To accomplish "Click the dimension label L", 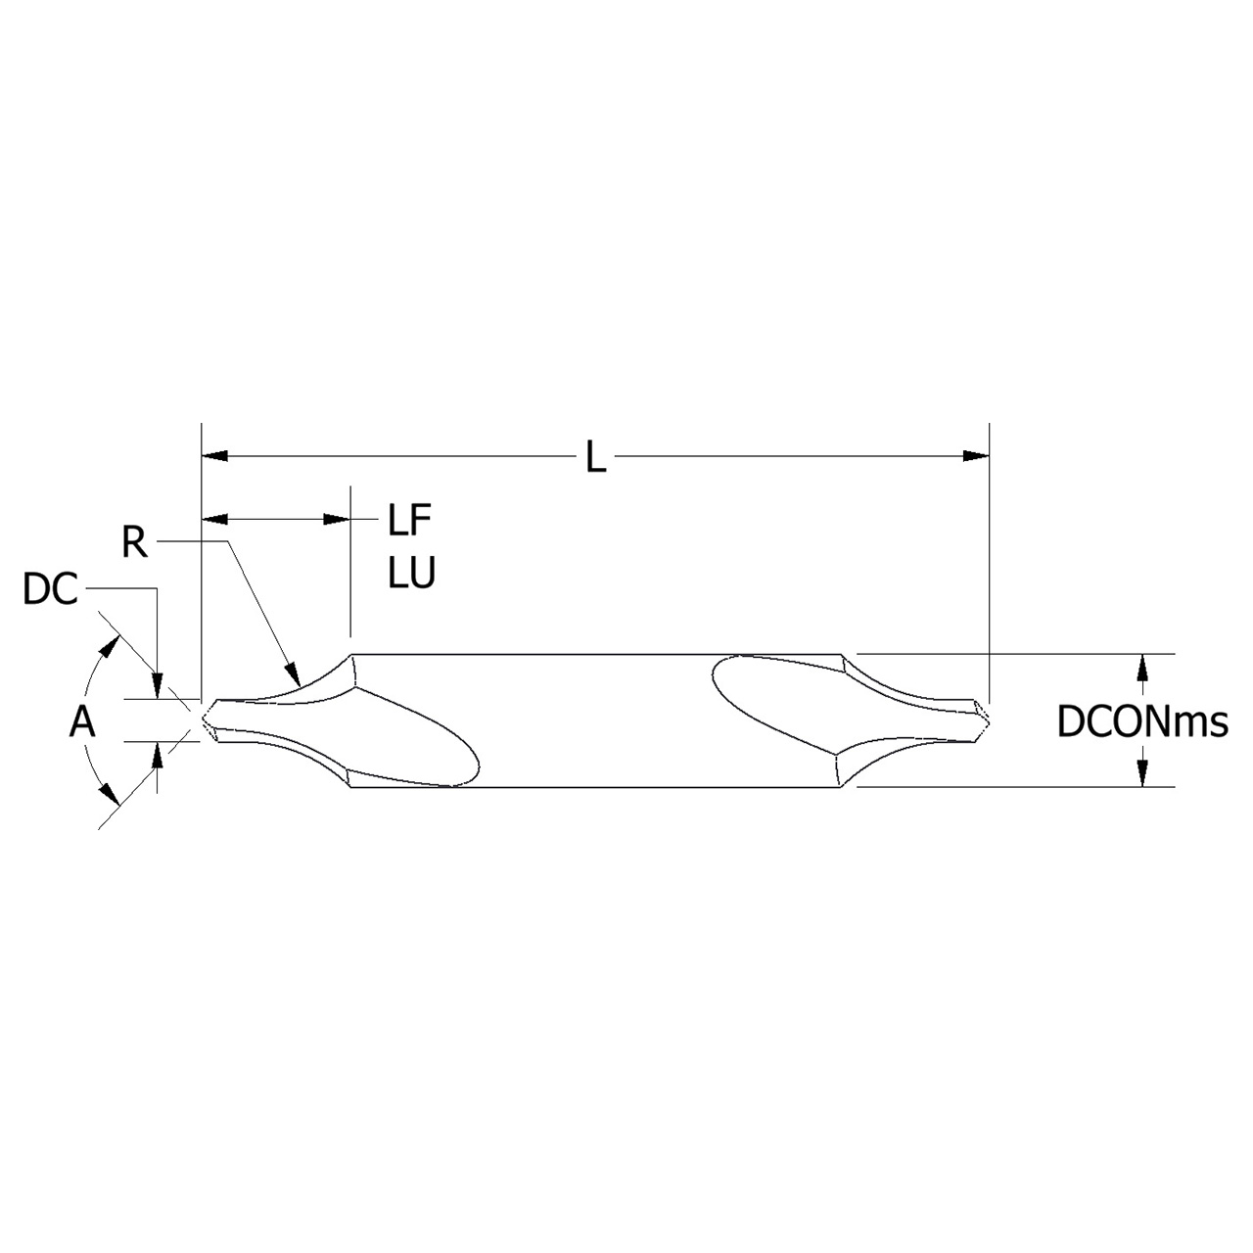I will pyautogui.click(x=595, y=457).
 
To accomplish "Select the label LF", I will pyautogui.click(x=409, y=521).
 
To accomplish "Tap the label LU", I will pyautogui.click(x=411, y=574).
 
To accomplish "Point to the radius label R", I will pyautogui.click(x=134, y=542).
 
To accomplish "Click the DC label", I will pyautogui.click(x=50, y=590).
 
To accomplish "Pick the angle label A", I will pyautogui.click(x=82, y=722).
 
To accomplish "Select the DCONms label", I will pyautogui.click(x=1141, y=722).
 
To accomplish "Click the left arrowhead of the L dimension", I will pyautogui.click(x=213, y=455).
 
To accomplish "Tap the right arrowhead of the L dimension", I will pyautogui.click(x=976, y=455).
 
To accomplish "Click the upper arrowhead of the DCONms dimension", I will pyautogui.click(x=1141, y=666).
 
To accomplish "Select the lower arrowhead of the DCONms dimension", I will pyautogui.click(x=1141, y=774).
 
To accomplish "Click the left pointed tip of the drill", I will pyautogui.click(x=204, y=720).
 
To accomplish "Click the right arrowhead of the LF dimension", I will pyautogui.click(x=338, y=520).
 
